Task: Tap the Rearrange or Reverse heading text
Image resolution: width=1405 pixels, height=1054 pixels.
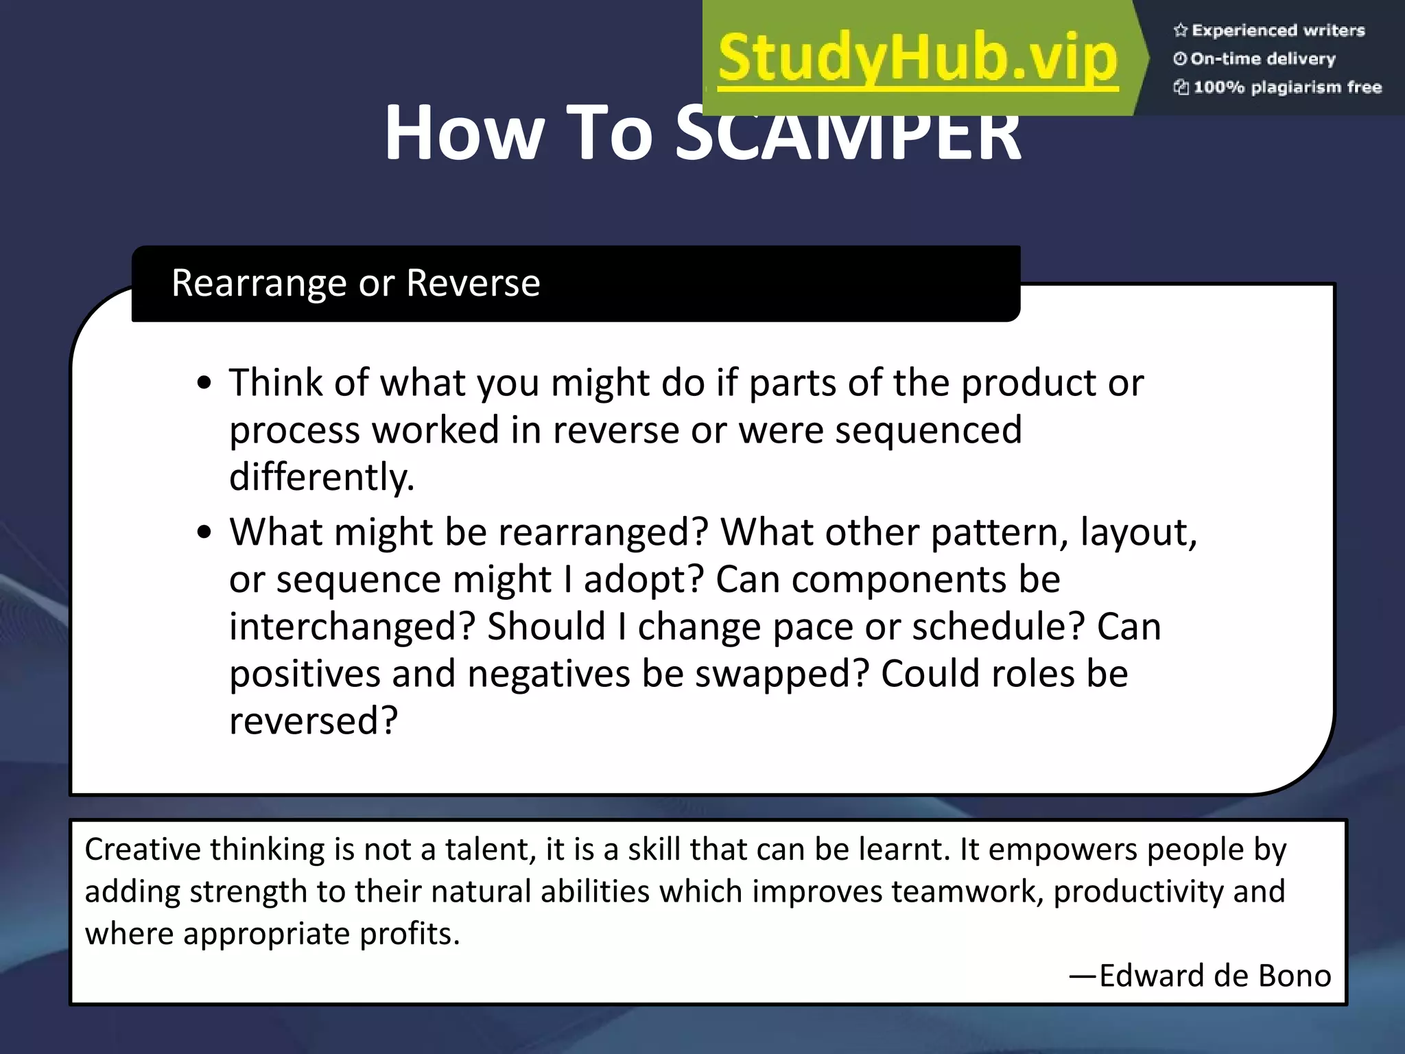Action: pyautogui.click(x=355, y=283)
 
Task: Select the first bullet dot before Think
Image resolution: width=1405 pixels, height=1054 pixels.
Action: pyautogui.click(x=204, y=384)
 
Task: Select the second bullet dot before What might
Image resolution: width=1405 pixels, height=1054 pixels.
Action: pyautogui.click(x=204, y=533)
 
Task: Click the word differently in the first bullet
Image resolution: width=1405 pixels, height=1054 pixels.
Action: pyautogui.click(x=321, y=478)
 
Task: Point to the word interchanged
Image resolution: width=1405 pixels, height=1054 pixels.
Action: pyautogui.click(x=352, y=626)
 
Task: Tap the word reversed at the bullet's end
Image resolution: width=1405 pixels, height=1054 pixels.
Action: pyautogui.click(x=313, y=721)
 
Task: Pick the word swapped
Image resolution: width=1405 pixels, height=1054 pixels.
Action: pyautogui.click(x=782, y=674)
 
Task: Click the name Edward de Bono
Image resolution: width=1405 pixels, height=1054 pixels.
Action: pyautogui.click(x=1214, y=975)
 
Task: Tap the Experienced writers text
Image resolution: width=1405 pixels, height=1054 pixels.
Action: pyautogui.click(x=1278, y=30)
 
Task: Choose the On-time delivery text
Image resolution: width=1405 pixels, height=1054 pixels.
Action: pyautogui.click(x=1263, y=59)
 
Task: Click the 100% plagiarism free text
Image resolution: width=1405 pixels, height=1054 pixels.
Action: pyautogui.click(x=1287, y=87)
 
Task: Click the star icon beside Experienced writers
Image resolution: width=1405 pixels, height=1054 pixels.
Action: pyautogui.click(x=1180, y=30)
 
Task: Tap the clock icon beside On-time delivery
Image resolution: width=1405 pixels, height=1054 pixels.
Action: pyautogui.click(x=1179, y=59)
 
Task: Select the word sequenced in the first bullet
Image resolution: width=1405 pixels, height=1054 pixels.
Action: pyautogui.click(x=928, y=430)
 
